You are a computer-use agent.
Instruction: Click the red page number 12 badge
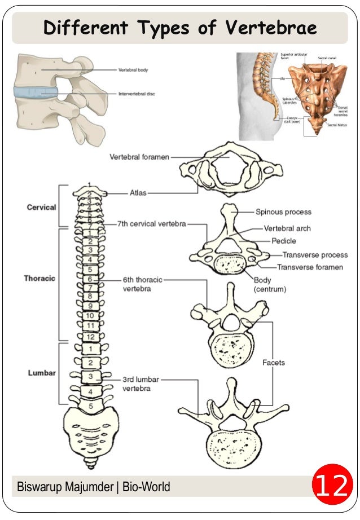331,486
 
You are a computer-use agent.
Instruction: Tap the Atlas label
138,193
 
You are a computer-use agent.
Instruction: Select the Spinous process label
283,212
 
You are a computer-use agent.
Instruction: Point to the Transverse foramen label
310,267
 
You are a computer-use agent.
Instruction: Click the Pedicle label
284,241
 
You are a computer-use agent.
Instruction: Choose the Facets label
274,363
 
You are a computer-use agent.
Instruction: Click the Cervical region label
41,208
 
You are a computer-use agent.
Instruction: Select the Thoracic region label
39,278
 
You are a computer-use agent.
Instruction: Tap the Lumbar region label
42,373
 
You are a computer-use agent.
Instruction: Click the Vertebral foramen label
139,157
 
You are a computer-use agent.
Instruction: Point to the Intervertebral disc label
137,94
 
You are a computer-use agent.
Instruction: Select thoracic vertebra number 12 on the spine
90,337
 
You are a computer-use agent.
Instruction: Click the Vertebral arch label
287,228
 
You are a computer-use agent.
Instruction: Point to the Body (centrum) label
270,284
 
